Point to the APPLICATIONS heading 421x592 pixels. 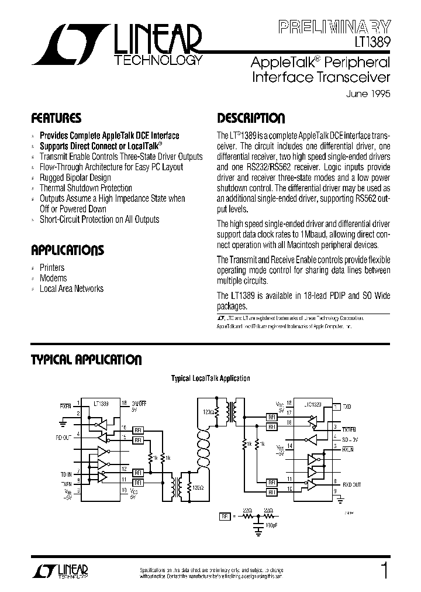pos(67,251)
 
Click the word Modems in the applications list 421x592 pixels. pos(53,278)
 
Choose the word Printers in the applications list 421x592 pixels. pos(52,267)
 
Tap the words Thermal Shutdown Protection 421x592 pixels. pos(86,188)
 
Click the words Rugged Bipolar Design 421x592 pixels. pos(75,177)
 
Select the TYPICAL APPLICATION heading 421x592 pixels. pos(86,359)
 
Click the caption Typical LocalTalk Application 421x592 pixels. pos(210,378)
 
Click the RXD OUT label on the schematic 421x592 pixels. pos(351,484)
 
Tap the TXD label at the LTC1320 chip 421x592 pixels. pos(347,405)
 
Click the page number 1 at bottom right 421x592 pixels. pos(383,570)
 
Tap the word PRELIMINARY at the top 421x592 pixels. pos(334,26)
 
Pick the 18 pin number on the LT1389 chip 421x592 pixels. pos(124,403)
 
